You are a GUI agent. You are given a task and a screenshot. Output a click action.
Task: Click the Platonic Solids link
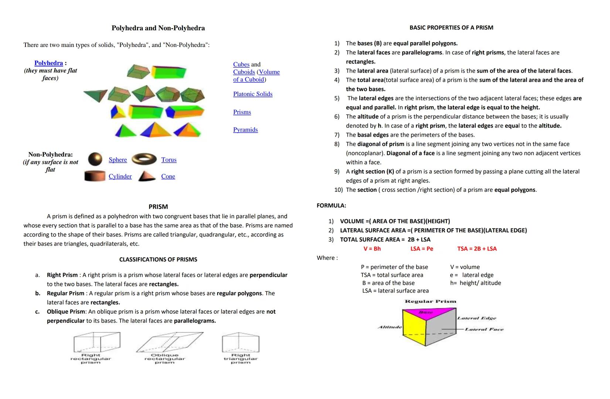point(253,94)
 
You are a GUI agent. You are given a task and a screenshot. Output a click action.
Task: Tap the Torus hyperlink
point(169,160)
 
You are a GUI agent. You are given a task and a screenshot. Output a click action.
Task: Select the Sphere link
point(117,160)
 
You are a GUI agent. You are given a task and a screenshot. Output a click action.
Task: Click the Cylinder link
point(120,176)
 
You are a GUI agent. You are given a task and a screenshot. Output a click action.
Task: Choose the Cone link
point(168,176)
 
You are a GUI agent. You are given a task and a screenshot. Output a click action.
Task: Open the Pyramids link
point(245,130)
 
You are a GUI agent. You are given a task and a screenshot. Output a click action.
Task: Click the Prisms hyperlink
point(242,112)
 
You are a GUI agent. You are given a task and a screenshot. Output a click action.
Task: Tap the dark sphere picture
point(95,159)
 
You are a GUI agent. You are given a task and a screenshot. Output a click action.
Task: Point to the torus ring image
point(144,159)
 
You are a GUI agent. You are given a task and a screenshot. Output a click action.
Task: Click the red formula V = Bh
point(372,249)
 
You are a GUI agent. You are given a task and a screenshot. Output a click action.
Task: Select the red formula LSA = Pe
point(422,249)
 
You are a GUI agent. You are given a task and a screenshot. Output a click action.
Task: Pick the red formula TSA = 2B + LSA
point(477,249)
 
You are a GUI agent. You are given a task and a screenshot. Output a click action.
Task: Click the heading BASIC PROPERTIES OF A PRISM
point(451,28)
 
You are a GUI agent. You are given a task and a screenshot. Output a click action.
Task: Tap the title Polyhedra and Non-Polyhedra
point(158,28)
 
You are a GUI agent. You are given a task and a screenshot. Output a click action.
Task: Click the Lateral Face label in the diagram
point(484,329)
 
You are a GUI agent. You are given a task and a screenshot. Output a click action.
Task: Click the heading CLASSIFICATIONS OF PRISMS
point(158,259)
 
